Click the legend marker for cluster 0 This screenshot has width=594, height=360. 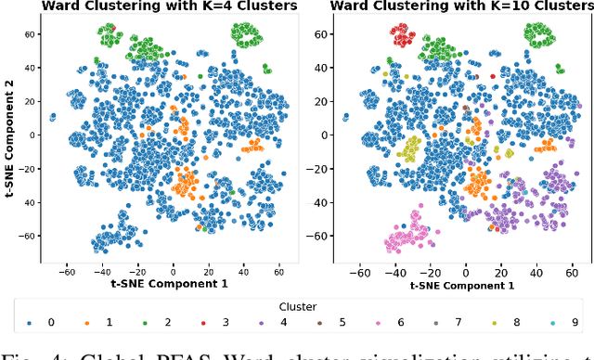coord(30,323)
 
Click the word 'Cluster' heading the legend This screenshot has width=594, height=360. coord(297,305)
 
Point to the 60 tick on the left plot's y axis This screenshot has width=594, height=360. coord(31,34)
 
